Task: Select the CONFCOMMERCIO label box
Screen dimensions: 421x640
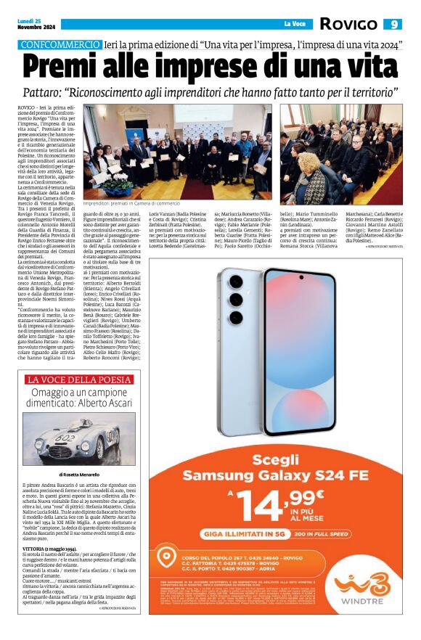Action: pos(61,44)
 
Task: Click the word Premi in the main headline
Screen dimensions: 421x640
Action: pos(72,67)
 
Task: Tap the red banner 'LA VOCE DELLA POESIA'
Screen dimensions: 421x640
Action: pos(78,379)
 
